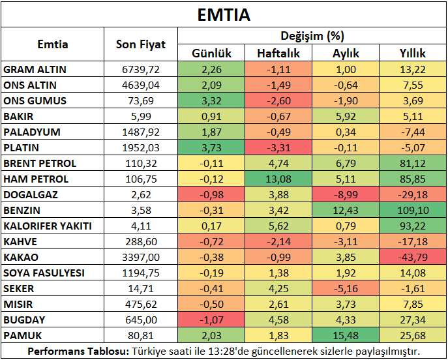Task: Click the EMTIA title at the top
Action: tap(224, 15)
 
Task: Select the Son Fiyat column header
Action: tap(141, 44)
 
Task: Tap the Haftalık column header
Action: tap(278, 53)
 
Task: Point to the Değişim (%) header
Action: tap(312, 36)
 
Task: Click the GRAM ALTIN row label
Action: tap(35, 69)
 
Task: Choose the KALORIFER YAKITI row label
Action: tap(48, 226)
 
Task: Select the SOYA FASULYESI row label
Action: tap(44, 273)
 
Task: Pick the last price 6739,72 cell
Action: tap(141, 69)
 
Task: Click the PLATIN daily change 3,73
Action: tap(211, 147)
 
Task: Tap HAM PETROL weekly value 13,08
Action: tap(278, 179)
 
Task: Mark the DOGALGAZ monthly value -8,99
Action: tap(346, 195)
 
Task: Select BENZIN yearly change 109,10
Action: tap(413, 211)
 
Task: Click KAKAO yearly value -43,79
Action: tap(413, 258)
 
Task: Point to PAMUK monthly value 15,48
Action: tap(346, 335)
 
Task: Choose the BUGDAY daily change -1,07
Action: tap(211, 320)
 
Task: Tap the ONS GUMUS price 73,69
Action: tap(141, 101)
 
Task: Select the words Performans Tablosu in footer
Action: tap(78, 351)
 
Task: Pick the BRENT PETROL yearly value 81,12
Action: tap(413, 164)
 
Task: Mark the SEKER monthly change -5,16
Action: tap(346, 288)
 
